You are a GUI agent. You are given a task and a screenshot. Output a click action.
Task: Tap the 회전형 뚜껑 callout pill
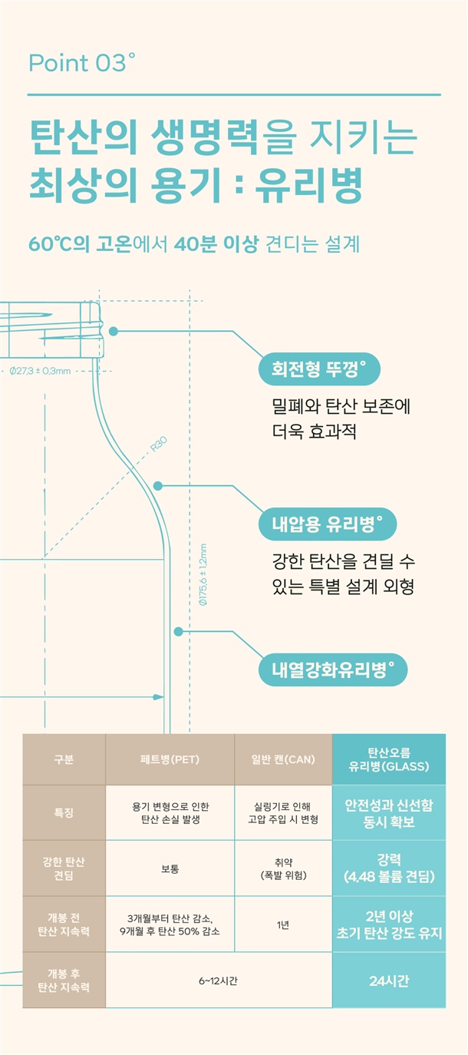pos(319,369)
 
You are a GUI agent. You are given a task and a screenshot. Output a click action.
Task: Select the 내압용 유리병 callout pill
pos(328,524)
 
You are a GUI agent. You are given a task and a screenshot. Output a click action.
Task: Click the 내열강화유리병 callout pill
pos(332,670)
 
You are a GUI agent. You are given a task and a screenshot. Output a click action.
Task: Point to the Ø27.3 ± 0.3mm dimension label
pos(41,371)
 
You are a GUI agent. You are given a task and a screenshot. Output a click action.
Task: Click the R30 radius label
pos(159,444)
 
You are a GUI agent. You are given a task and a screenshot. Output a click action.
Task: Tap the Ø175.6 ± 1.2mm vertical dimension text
pos(203,574)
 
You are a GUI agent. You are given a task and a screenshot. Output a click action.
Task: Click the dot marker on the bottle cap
pos(113,331)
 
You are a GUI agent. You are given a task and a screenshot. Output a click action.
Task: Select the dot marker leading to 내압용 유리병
pos(158,485)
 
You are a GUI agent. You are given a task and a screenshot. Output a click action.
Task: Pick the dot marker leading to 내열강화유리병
pos(178,631)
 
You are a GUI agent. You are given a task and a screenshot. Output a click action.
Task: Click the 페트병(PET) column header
pos(170,759)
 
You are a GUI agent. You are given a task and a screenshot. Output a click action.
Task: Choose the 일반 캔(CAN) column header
pos(283,759)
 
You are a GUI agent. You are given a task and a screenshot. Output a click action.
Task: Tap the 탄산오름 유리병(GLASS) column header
pos(389,759)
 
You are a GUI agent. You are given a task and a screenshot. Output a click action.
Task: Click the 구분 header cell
pos(64,759)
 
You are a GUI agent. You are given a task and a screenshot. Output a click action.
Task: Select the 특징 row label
pos(64,812)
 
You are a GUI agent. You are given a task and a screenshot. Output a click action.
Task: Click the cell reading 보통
pos(170,868)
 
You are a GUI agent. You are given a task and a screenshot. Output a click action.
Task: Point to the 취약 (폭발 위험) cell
pos(283,868)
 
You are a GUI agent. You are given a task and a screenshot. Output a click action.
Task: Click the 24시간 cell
pos(389,981)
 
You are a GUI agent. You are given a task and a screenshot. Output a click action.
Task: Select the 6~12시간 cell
pos(219,981)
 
